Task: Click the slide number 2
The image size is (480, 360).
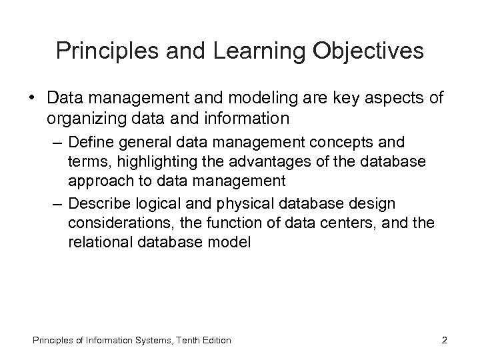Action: pos(444,341)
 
